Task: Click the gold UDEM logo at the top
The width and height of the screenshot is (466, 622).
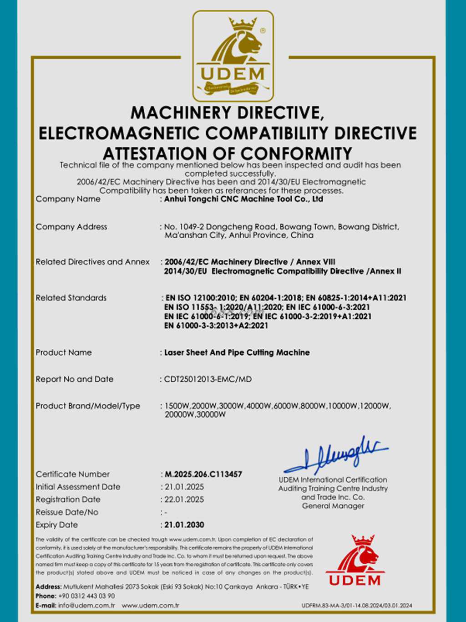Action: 233,56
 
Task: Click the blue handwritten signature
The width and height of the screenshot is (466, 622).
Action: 337,455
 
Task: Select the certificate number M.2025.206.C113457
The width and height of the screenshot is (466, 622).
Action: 203,474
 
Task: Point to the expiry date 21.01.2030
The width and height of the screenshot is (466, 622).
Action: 184,525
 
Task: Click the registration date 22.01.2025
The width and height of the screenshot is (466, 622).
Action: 184,500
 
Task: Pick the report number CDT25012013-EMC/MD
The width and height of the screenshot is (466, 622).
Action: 208,379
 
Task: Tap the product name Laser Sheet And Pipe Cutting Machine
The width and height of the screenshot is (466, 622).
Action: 237,352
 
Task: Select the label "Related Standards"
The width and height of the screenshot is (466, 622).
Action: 71,298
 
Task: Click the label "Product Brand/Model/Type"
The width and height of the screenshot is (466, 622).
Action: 88,406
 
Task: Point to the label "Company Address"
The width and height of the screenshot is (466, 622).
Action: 71,227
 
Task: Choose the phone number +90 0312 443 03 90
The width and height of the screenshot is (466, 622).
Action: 86,596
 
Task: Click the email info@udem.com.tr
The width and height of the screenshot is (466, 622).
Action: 86,605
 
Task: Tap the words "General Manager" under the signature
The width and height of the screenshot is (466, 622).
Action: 333,506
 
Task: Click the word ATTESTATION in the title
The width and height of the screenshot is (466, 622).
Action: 168,153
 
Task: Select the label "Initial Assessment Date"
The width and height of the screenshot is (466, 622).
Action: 78,487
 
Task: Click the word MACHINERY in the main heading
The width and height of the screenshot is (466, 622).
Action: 181,112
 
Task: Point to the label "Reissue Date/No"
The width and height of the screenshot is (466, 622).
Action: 67,512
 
